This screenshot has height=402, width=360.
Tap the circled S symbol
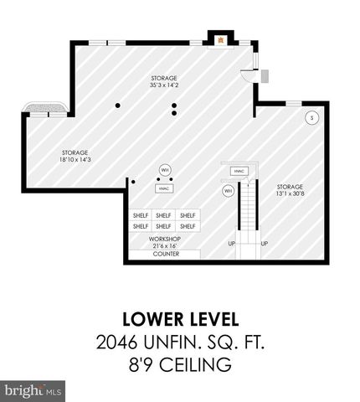(x=311, y=118)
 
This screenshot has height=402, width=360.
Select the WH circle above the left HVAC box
(x=164, y=170)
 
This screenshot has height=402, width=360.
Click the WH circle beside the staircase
(x=228, y=191)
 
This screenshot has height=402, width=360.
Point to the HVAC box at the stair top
(x=239, y=172)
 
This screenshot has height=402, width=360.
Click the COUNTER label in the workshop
(x=165, y=254)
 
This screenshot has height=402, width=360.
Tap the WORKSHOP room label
(x=165, y=238)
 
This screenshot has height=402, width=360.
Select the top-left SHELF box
(x=141, y=215)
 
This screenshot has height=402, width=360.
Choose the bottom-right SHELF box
(x=188, y=225)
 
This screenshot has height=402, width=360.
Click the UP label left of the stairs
(x=231, y=244)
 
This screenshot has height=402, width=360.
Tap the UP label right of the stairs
(x=265, y=244)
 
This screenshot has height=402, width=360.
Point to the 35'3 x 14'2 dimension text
(x=163, y=85)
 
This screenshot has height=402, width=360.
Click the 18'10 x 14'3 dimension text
(x=75, y=159)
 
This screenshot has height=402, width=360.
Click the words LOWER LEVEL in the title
(x=180, y=319)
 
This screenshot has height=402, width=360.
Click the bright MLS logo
(x=33, y=390)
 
